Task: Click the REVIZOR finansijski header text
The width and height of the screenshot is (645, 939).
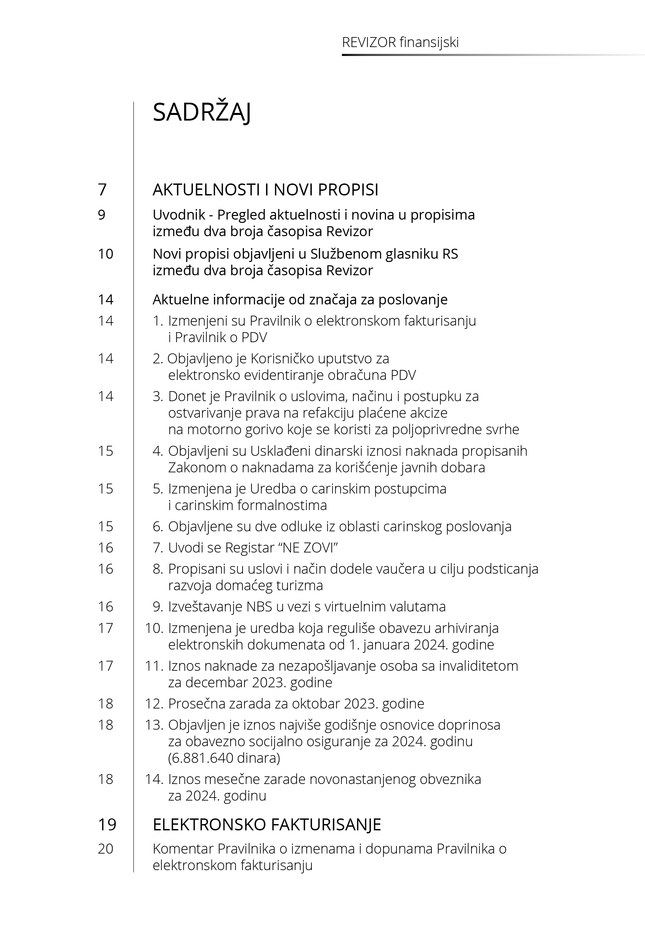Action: [400, 42]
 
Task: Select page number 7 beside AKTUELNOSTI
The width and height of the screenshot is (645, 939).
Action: [102, 189]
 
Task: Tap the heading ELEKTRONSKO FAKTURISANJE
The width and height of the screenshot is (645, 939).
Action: [267, 824]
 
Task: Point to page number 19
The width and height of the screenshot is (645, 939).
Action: [107, 824]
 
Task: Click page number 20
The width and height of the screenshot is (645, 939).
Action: [106, 849]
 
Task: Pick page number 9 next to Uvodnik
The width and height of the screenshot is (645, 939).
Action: [102, 215]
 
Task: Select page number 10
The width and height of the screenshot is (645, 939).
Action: [106, 254]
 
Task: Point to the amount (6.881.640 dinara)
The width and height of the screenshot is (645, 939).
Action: [224, 757]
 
